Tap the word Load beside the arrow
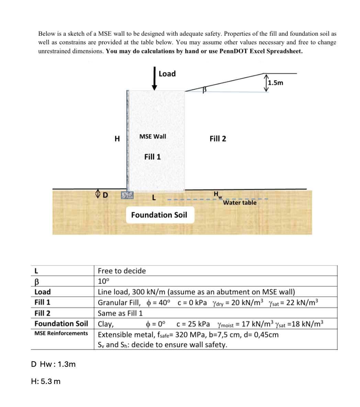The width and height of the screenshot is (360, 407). pos(167,74)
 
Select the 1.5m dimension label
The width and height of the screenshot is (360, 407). pos(276,82)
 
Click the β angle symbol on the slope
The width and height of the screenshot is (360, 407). pos(204,90)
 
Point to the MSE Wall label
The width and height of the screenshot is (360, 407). pos(153,136)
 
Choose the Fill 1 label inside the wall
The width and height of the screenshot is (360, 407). pos(153,157)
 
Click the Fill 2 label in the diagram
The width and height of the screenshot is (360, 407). pos(218,139)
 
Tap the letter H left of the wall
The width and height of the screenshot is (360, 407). pos(117,139)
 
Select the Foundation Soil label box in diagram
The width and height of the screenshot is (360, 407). pos(159,215)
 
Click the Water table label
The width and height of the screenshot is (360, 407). pos(240,203)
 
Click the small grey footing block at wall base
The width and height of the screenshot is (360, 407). pos(126,195)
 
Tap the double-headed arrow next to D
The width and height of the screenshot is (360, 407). pos(98,195)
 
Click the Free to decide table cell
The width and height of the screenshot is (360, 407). pos(122,271)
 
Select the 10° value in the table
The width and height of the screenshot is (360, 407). pos(103,281)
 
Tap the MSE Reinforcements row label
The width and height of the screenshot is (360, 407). pos(61,333)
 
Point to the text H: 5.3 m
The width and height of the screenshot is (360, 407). pos(46,381)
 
